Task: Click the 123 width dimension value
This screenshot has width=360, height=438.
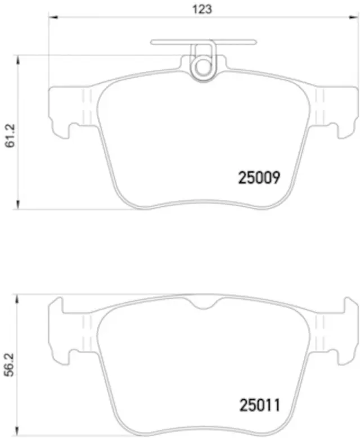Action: pyautogui.click(x=204, y=9)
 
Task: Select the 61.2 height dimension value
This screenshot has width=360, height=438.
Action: pyautogui.click(x=9, y=135)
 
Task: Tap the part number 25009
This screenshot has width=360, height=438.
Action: pyautogui.click(x=259, y=178)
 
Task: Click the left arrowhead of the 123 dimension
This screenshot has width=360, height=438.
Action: pyautogui.click(x=52, y=18)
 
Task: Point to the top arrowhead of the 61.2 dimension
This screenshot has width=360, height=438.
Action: pyautogui.click(x=19, y=58)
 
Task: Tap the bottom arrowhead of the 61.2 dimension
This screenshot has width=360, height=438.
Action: pyautogui.click(x=19, y=207)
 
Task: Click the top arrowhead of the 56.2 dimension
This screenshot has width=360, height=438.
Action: pyautogui.click(x=19, y=297)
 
